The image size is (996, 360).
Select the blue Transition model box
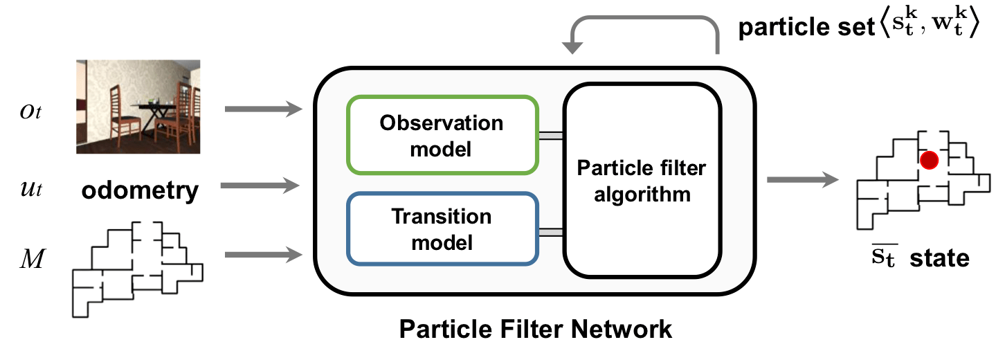click(x=442, y=229)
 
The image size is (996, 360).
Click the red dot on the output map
click(x=929, y=160)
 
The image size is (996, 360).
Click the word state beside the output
click(x=939, y=259)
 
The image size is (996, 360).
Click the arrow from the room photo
click(x=265, y=109)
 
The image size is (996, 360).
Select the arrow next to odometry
click(x=265, y=185)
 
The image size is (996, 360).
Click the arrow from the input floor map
click(x=265, y=256)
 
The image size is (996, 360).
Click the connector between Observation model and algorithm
click(x=552, y=137)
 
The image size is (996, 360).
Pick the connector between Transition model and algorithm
click(x=552, y=231)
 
